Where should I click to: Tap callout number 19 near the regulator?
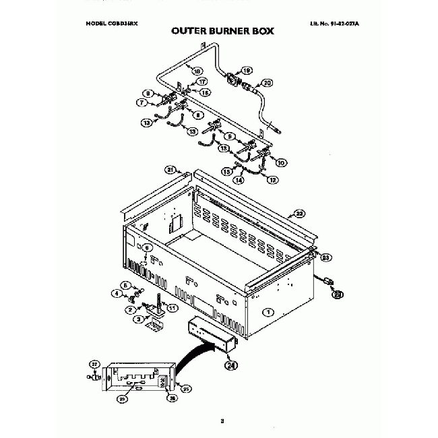tap(247, 69)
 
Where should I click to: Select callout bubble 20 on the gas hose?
tap(268, 83)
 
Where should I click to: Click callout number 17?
tap(202, 82)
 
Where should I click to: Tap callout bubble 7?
tap(143, 103)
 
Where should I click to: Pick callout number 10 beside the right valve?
tap(282, 162)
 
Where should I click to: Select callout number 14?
tap(238, 181)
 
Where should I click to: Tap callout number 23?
tap(326, 257)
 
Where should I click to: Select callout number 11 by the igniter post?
tap(172, 309)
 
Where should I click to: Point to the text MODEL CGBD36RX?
tap(111, 22)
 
